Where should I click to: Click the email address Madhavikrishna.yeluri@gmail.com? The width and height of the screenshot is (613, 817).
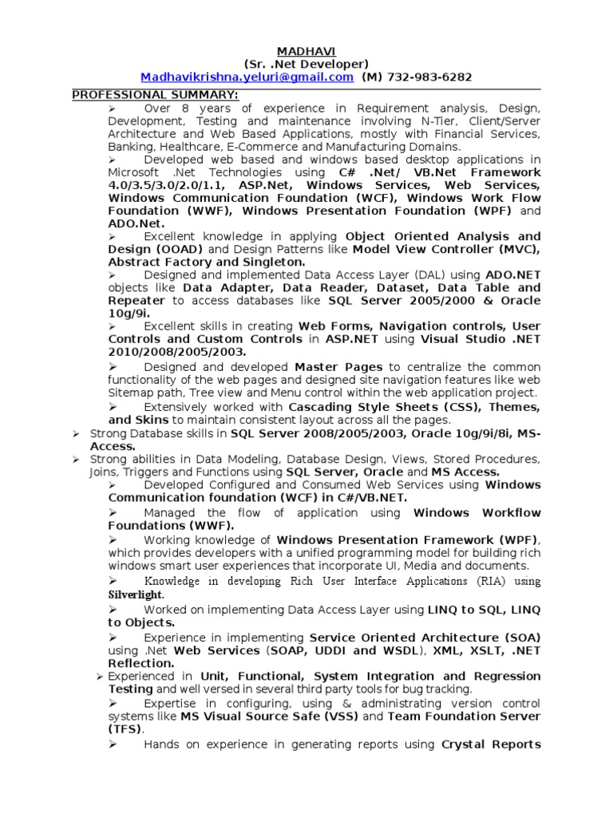click(247, 77)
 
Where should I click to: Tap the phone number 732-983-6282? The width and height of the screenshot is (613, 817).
click(429, 77)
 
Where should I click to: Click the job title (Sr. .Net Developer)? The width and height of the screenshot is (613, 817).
click(306, 64)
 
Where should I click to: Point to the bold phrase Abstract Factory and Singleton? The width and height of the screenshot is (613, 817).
click(206, 262)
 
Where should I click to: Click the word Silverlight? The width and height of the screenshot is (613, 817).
click(136, 594)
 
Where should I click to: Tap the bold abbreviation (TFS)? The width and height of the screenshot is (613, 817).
click(125, 728)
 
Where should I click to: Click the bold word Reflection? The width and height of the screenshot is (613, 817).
click(140, 663)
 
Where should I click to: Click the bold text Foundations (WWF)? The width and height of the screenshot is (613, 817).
click(171, 526)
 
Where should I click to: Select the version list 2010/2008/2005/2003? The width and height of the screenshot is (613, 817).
click(177, 351)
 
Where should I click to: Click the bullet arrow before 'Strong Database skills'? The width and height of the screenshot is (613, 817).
click(76, 433)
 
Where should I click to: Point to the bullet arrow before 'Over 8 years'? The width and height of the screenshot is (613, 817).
click(113, 108)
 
